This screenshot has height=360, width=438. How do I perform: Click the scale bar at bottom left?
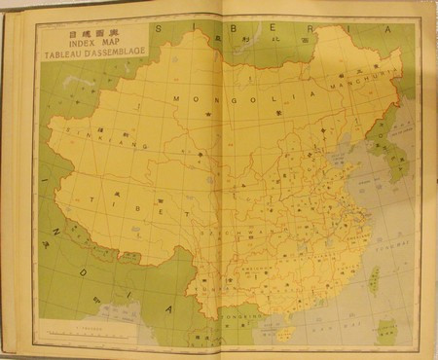73,332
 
